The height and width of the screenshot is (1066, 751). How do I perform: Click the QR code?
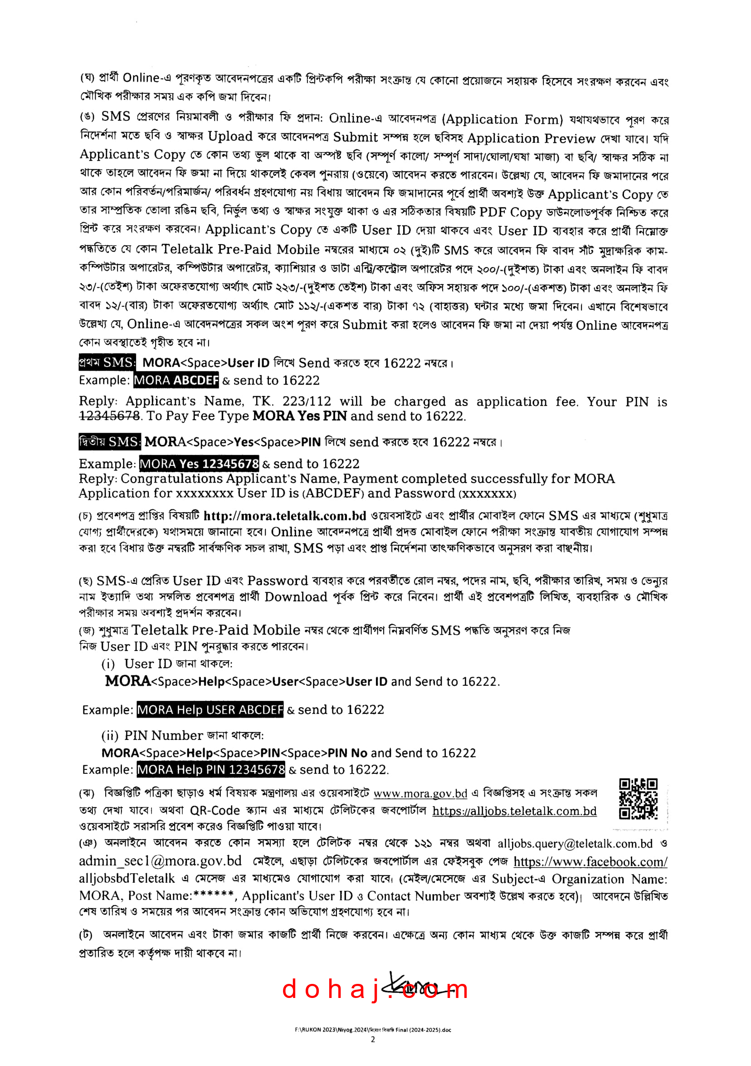click(638, 798)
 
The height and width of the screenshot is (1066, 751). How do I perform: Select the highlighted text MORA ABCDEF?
click(176, 380)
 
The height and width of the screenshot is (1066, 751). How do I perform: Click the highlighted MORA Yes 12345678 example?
click(199, 463)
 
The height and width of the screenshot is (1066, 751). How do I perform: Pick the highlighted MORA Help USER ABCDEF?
click(210, 709)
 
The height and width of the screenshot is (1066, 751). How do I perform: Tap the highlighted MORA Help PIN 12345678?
click(211, 769)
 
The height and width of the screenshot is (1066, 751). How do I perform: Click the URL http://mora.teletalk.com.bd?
click(285, 516)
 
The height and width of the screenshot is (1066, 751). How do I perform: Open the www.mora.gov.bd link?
click(420, 793)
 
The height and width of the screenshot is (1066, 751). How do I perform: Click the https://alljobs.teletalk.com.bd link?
click(514, 811)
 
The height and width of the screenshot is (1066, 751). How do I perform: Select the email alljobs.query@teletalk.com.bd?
click(575, 844)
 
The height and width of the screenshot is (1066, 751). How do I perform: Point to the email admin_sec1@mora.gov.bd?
click(161, 861)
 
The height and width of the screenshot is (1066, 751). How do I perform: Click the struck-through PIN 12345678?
click(109, 416)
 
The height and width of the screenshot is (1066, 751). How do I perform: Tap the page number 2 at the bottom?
click(373, 1040)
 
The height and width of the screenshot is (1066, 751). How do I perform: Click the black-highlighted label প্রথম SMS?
click(107, 362)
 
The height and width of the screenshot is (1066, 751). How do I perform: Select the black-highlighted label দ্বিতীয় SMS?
click(109, 441)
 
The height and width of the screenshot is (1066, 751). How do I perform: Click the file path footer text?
click(373, 1030)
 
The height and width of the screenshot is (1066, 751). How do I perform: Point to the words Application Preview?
click(531, 138)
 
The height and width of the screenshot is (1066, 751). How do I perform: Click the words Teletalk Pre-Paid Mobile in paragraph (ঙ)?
click(240, 250)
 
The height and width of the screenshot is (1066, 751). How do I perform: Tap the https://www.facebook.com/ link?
click(590, 862)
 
